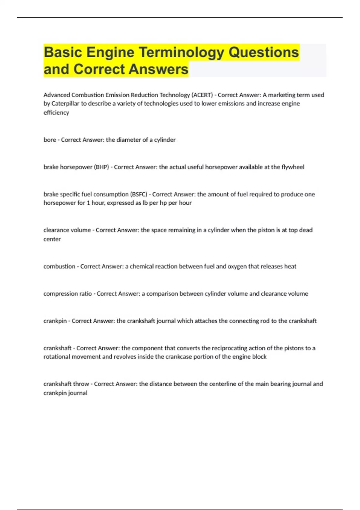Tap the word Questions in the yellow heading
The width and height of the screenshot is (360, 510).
pos(264,52)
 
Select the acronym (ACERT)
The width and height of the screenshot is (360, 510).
pos(202,95)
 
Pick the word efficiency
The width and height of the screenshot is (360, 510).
pos(56,112)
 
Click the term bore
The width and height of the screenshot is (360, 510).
pos(50,140)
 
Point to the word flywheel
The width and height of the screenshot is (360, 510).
pos(293,167)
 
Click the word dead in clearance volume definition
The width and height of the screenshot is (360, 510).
pos(306,230)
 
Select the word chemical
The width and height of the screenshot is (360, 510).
pos(142,266)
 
